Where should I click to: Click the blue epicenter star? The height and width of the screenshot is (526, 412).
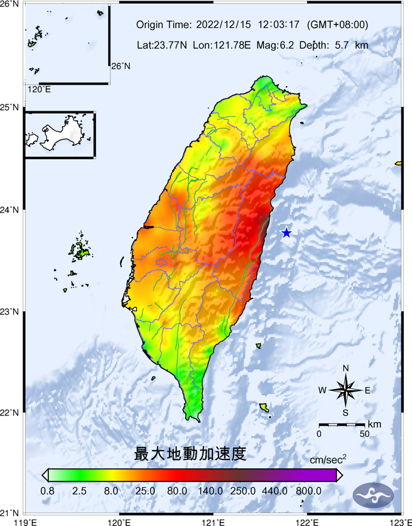pyautogui.click(x=286, y=233)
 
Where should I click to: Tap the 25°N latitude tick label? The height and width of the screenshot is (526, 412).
pyautogui.click(x=9, y=107)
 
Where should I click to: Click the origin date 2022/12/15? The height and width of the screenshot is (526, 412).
pyautogui.click(x=224, y=25)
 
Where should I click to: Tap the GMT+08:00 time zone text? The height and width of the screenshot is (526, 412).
pyautogui.click(x=337, y=25)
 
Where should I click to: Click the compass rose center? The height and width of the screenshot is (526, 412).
pyautogui.click(x=345, y=390)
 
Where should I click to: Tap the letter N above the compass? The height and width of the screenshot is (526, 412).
pyautogui.click(x=345, y=369)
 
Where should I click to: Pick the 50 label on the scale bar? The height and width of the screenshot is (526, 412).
pyautogui.click(x=364, y=434)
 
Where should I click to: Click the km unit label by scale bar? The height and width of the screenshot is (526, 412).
pyautogui.click(x=374, y=425)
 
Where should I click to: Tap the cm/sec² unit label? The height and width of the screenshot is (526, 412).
pyautogui.click(x=328, y=461)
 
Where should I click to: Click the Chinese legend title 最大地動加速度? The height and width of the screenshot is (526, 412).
pyautogui.click(x=189, y=453)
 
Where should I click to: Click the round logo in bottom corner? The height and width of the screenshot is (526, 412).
pyautogui.click(x=374, y=496)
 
